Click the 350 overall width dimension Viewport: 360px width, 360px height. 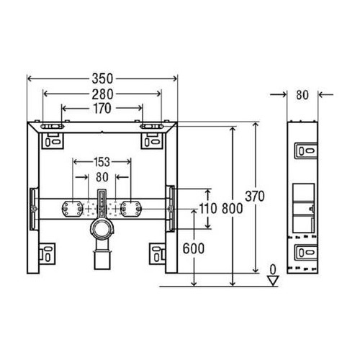[101, 77]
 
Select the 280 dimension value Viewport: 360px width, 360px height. [101, 94]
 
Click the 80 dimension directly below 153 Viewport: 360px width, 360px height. [102, 177]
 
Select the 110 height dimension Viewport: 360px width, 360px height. [208, 209]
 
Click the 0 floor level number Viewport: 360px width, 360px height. [272, 269]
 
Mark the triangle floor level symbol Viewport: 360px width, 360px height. [272, 281]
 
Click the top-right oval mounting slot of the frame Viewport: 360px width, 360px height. [153, 128]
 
